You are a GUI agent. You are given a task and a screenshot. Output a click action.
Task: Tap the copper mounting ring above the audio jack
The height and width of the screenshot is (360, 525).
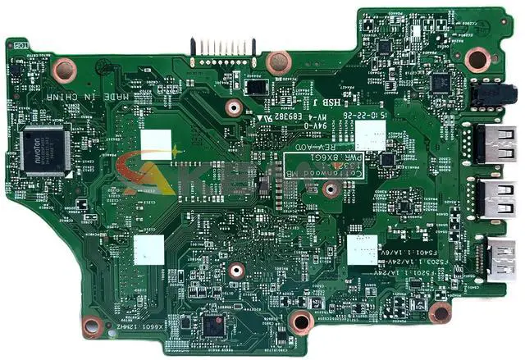[476, 58]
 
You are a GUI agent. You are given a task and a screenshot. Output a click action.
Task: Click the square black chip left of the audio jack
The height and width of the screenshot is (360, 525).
[441, 83]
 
